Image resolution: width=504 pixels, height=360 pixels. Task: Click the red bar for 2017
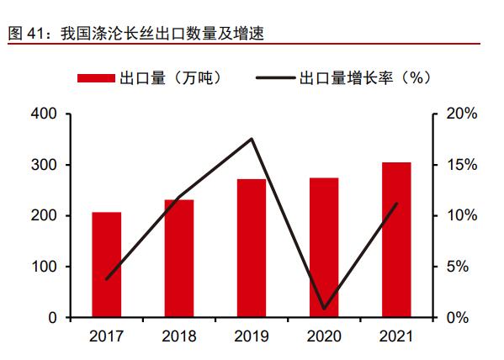point(106,265)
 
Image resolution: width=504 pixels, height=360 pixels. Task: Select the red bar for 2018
point(178,258)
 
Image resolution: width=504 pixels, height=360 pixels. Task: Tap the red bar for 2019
point(251,248)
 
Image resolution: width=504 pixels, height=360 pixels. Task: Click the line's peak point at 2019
point(252,139)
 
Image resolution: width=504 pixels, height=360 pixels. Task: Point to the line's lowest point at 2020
point(324,309)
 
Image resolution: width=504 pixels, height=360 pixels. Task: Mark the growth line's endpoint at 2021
point(396,204)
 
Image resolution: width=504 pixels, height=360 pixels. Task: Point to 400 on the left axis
point(45,114)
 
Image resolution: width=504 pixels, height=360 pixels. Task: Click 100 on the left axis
point(45,267)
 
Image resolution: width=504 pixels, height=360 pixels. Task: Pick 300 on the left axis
point(45,165)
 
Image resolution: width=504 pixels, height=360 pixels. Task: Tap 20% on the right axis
point(461,114)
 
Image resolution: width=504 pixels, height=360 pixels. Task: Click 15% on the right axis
point(461,165)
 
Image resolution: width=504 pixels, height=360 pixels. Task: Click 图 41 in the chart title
point(23,34)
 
